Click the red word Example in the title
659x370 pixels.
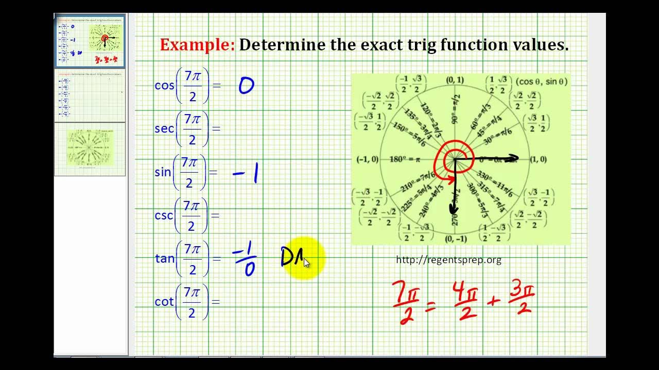[197, 45]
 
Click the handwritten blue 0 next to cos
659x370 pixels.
[246, 86]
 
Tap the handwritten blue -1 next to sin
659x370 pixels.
[246, 174]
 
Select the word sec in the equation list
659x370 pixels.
[164, 128]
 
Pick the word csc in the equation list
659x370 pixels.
[164, 215]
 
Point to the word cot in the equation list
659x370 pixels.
[164, 302]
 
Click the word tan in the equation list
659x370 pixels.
[165, 258]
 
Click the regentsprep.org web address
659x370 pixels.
[448, 260]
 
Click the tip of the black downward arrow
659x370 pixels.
[454, 211]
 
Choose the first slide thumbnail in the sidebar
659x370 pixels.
[90, 42]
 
